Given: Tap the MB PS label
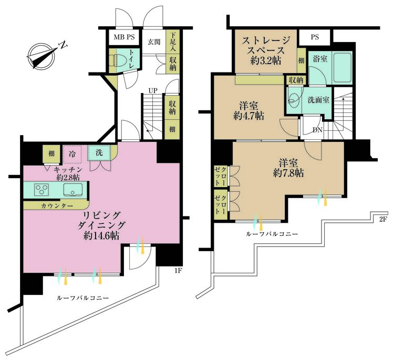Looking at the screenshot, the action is tap(124, 37).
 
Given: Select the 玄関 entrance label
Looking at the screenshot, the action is tap(153, 42).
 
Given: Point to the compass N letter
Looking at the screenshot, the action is tap(64, 45).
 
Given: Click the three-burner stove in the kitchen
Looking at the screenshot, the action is tap(42, 190).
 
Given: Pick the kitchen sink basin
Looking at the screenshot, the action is tap(73, 190).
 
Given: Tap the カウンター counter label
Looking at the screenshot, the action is tap(57, 206).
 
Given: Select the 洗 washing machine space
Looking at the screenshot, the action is tap(99, 152).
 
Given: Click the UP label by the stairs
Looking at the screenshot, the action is tap(152, 90).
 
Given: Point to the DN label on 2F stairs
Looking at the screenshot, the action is tap(317, 130).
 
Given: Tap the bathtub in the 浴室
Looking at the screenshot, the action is tap(342, 67).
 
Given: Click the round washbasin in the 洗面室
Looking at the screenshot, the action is tap(294, 98).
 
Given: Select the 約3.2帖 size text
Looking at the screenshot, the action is tap(266, 61).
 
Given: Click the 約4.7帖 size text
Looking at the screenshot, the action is tap(249, 116).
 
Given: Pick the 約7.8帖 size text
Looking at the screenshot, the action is tap(288, 173).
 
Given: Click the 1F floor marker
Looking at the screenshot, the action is tap(178, 271).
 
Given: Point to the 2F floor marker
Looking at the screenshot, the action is tap(383, 220).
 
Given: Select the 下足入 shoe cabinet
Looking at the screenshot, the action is tap(172, 41).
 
